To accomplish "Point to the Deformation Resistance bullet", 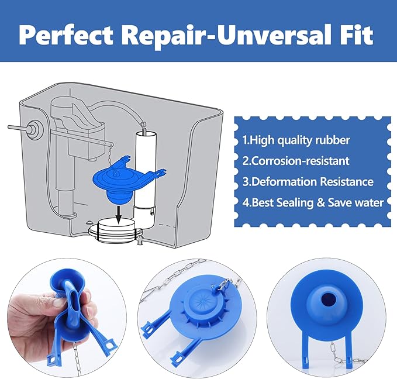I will (308, 181).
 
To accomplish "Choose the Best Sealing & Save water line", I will (313, 202).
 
